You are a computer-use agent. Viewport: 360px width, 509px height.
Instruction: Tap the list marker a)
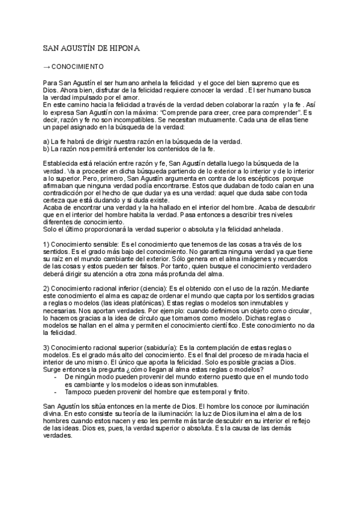(46, 141)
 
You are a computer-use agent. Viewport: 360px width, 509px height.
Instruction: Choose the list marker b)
(46, 148)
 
